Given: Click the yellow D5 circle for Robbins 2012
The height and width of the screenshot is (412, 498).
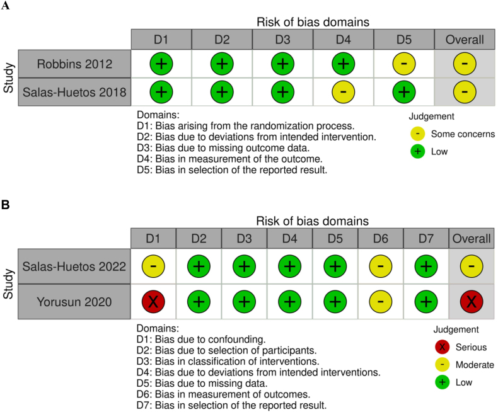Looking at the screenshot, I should [404, 64].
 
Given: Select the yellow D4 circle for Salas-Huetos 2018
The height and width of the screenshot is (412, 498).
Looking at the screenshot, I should [344, 91].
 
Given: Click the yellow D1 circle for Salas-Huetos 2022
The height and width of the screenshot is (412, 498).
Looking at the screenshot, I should [153, 267].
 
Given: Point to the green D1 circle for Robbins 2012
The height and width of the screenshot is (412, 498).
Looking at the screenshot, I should [161, 64].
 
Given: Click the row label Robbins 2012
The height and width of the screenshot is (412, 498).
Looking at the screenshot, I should [75, 64].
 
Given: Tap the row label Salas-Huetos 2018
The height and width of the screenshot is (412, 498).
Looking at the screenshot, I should [75, 92].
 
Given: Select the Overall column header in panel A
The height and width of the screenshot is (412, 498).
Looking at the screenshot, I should [465, 38].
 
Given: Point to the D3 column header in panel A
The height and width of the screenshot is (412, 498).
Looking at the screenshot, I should [282, 38].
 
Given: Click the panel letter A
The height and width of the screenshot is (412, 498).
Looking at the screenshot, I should [5, 5].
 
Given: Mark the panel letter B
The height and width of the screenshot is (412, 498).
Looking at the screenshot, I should [5, 205].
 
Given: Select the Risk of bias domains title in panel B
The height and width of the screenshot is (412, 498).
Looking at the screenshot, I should [312, 221].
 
